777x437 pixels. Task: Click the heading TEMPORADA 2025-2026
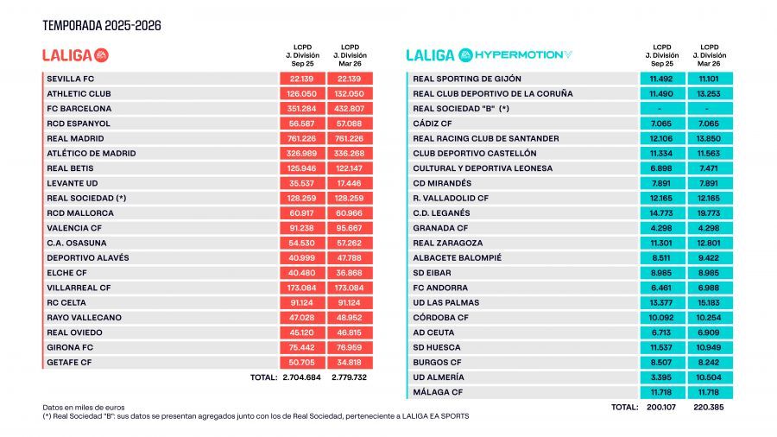[102, 26]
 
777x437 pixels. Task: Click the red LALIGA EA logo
[76, 55]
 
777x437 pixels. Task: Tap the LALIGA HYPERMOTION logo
[489, 55]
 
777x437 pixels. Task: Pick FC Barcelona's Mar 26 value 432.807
[350, 109]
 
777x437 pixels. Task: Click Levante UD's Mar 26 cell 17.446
[350, 183]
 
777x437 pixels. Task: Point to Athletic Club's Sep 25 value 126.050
[301, 93]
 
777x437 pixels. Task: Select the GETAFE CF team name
[70, 363]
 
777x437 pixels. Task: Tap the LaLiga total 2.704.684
[301, 377]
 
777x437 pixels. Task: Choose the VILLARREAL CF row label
[79, 288]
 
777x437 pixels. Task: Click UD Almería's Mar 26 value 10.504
[711, 377]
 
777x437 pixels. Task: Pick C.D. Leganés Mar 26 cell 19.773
[711, 212]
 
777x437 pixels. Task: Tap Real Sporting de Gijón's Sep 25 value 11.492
[662, 79]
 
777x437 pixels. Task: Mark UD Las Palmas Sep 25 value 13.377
[662, 302]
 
